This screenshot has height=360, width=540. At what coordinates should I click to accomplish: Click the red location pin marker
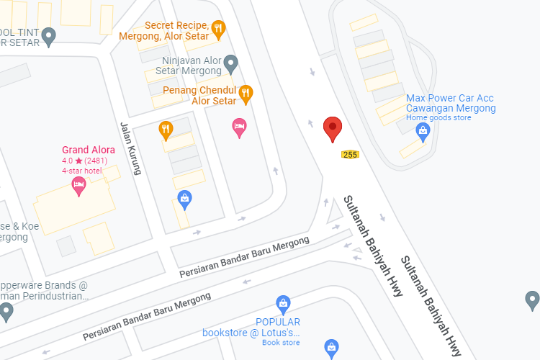[332, 129]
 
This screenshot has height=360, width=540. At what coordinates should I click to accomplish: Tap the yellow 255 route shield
[350, 154]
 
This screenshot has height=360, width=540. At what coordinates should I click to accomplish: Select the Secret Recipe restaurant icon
[219, 29]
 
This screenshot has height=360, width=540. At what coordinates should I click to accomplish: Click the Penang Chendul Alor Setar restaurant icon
[246, 91]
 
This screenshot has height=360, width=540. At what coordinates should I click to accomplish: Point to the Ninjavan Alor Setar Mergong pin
[230, 63]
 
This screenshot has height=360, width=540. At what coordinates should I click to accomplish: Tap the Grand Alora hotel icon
[78, 186]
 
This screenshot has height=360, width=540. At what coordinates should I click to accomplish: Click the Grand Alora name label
[88, 150]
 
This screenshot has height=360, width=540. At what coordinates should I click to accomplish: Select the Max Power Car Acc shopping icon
[423, 130]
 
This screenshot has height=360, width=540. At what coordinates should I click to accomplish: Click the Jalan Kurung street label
[130, 148]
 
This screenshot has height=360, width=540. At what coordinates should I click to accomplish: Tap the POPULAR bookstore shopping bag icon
[284, 304]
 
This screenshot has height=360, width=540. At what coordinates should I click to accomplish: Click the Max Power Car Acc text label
[451, 103]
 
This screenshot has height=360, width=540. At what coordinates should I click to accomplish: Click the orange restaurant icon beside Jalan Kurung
[166, 130]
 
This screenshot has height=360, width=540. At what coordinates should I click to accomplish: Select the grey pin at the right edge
[532, 298]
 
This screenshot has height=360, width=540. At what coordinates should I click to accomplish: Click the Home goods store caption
[438, 118]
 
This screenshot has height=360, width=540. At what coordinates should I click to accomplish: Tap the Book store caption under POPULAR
[281, 342]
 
